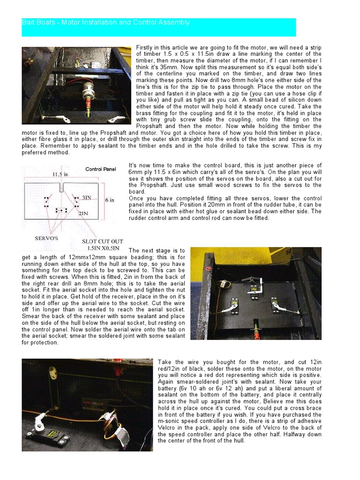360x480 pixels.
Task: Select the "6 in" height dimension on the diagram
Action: [x=110, y=200]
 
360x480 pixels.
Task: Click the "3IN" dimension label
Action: [x=87, y=198]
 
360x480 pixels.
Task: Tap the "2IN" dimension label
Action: [x=84, y=213]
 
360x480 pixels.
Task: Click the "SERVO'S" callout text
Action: [x=46, y=238]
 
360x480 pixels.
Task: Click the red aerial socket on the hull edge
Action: [x=209, y=269]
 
